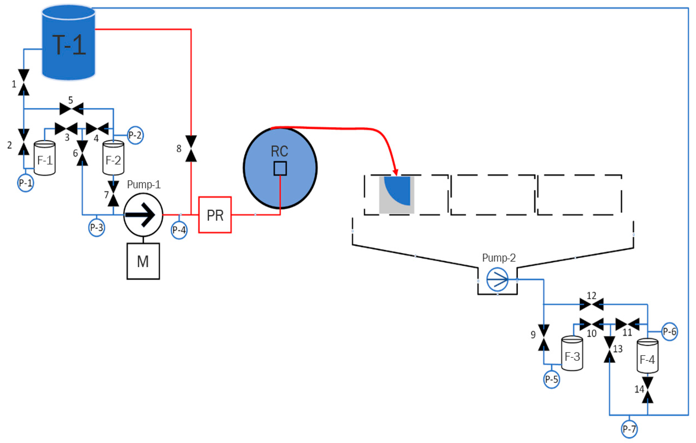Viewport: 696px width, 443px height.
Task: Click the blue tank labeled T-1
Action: pyautogui.click(x=69, y=43)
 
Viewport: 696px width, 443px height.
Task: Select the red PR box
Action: pyautogui.click(x=215, y=215)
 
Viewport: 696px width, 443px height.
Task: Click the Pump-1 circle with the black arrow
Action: pyautogui.click(x=143, y=215)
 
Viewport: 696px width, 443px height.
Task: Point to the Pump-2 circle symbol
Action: pyautogui.click(x=497, y=279)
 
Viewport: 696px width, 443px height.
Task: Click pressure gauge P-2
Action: pyautogui.click(x=135, y=135)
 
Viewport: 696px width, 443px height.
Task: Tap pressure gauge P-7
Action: pyautogui.click(x=629, y=429)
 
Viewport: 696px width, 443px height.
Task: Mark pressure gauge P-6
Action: pyautogui.click(x=669, y=332)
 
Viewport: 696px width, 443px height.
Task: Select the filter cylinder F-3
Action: pyautogui.click(x=572, y=354)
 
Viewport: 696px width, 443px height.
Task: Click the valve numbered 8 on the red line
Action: pyautogui.click(x=191, y=148)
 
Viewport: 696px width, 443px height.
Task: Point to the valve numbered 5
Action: pyautogui.click(x=71, y=109)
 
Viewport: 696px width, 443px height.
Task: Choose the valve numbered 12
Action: pyautogui.click(x=591, y=304)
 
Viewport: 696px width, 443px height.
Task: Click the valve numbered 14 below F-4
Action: pyautogui.click(x=647, y=390)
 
